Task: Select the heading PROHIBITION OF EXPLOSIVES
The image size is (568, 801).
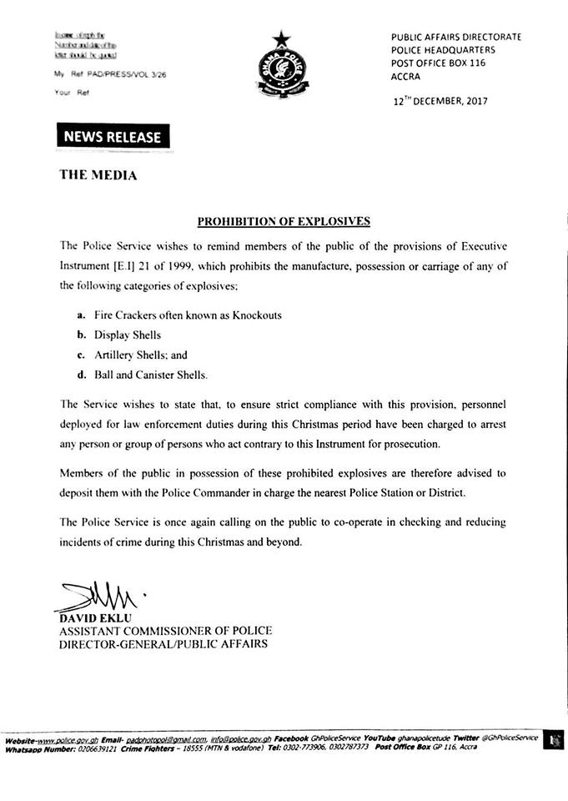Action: (284, 221)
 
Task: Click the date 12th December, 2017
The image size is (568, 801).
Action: (440, 101)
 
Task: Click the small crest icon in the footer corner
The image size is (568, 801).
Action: (551, 740)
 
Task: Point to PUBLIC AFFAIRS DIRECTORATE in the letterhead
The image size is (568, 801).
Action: (456, 38)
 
